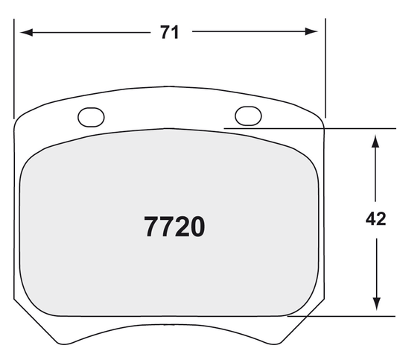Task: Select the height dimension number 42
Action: tap(376, 220)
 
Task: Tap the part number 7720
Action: tap(174, 227)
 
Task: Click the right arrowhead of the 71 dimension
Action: tap(316, 32)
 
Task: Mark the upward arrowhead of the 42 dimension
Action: tap(376, 138)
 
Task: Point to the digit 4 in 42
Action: tap(370, 220)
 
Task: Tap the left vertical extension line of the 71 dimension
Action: tap(14, 67)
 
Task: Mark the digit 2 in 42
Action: tap(382, 220)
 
